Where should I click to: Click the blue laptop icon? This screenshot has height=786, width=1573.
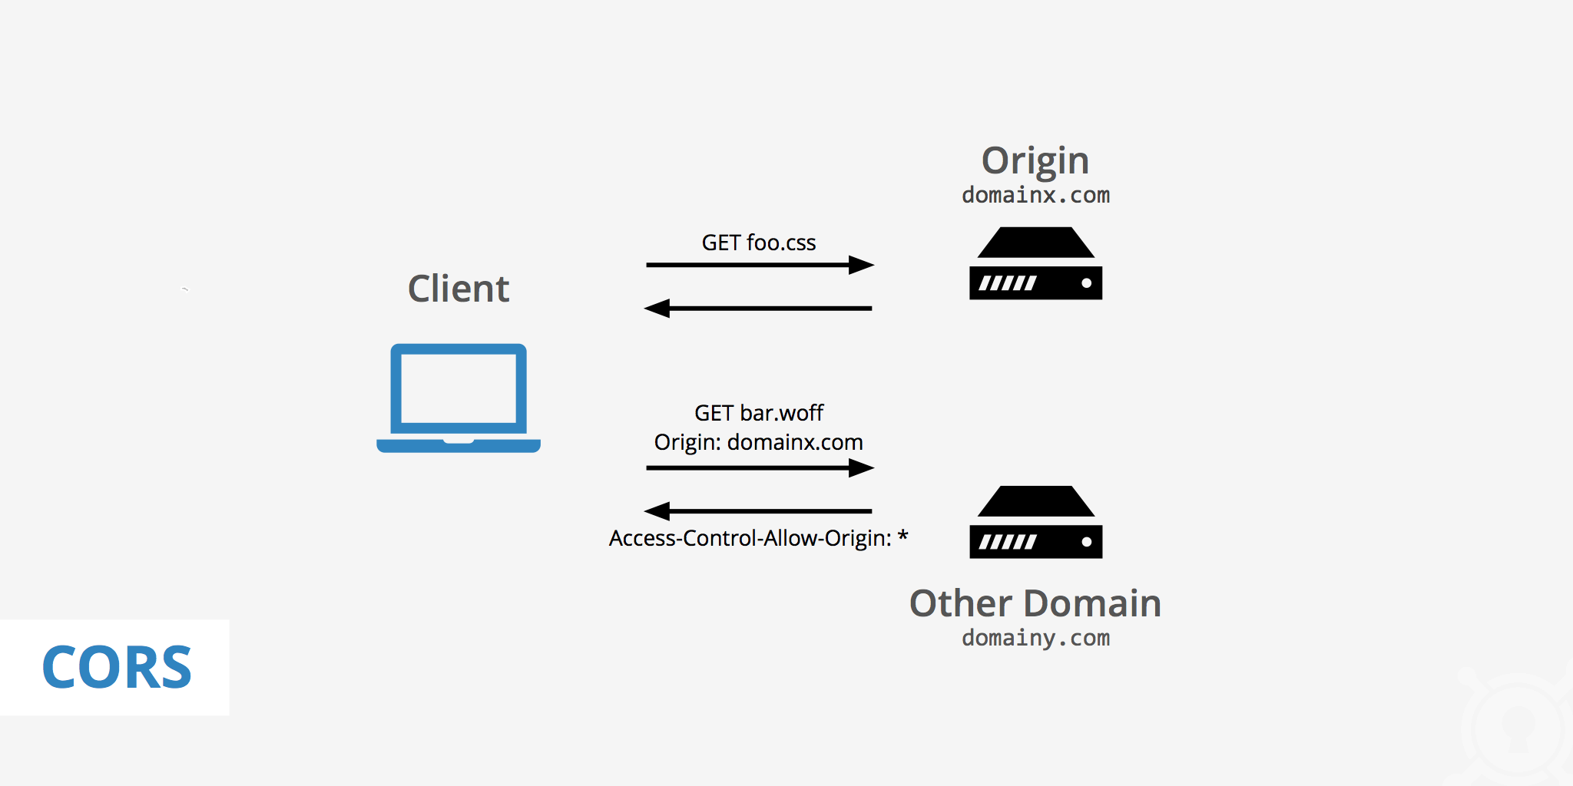pos(459,398)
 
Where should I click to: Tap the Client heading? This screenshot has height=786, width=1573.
pos(459,289)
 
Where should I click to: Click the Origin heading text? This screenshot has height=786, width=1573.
pos(1035,162)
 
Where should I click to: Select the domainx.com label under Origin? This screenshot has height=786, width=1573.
pos(1035,196)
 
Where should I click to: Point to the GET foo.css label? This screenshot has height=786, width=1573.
pos(758,243)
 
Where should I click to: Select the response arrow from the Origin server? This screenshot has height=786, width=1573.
pos(759,309)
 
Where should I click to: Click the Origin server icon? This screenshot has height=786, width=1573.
pos(1035,263)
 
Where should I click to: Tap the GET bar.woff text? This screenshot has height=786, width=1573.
pos(758,413)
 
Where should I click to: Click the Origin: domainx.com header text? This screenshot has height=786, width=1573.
pos(758,443)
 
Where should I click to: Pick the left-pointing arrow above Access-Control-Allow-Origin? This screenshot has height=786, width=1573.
pos(759,511)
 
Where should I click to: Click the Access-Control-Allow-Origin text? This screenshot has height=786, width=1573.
pos(750,538)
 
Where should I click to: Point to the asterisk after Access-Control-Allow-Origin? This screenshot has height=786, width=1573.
pos(902,535)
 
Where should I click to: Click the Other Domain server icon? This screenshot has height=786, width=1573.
pos(1035,522)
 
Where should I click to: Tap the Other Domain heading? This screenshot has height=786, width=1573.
pos(1035,603)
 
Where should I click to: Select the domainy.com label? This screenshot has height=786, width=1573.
pos(1035,638)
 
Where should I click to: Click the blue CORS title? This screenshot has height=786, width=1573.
pos(117,668)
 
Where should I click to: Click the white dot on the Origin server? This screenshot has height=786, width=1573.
pos(1086,283)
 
